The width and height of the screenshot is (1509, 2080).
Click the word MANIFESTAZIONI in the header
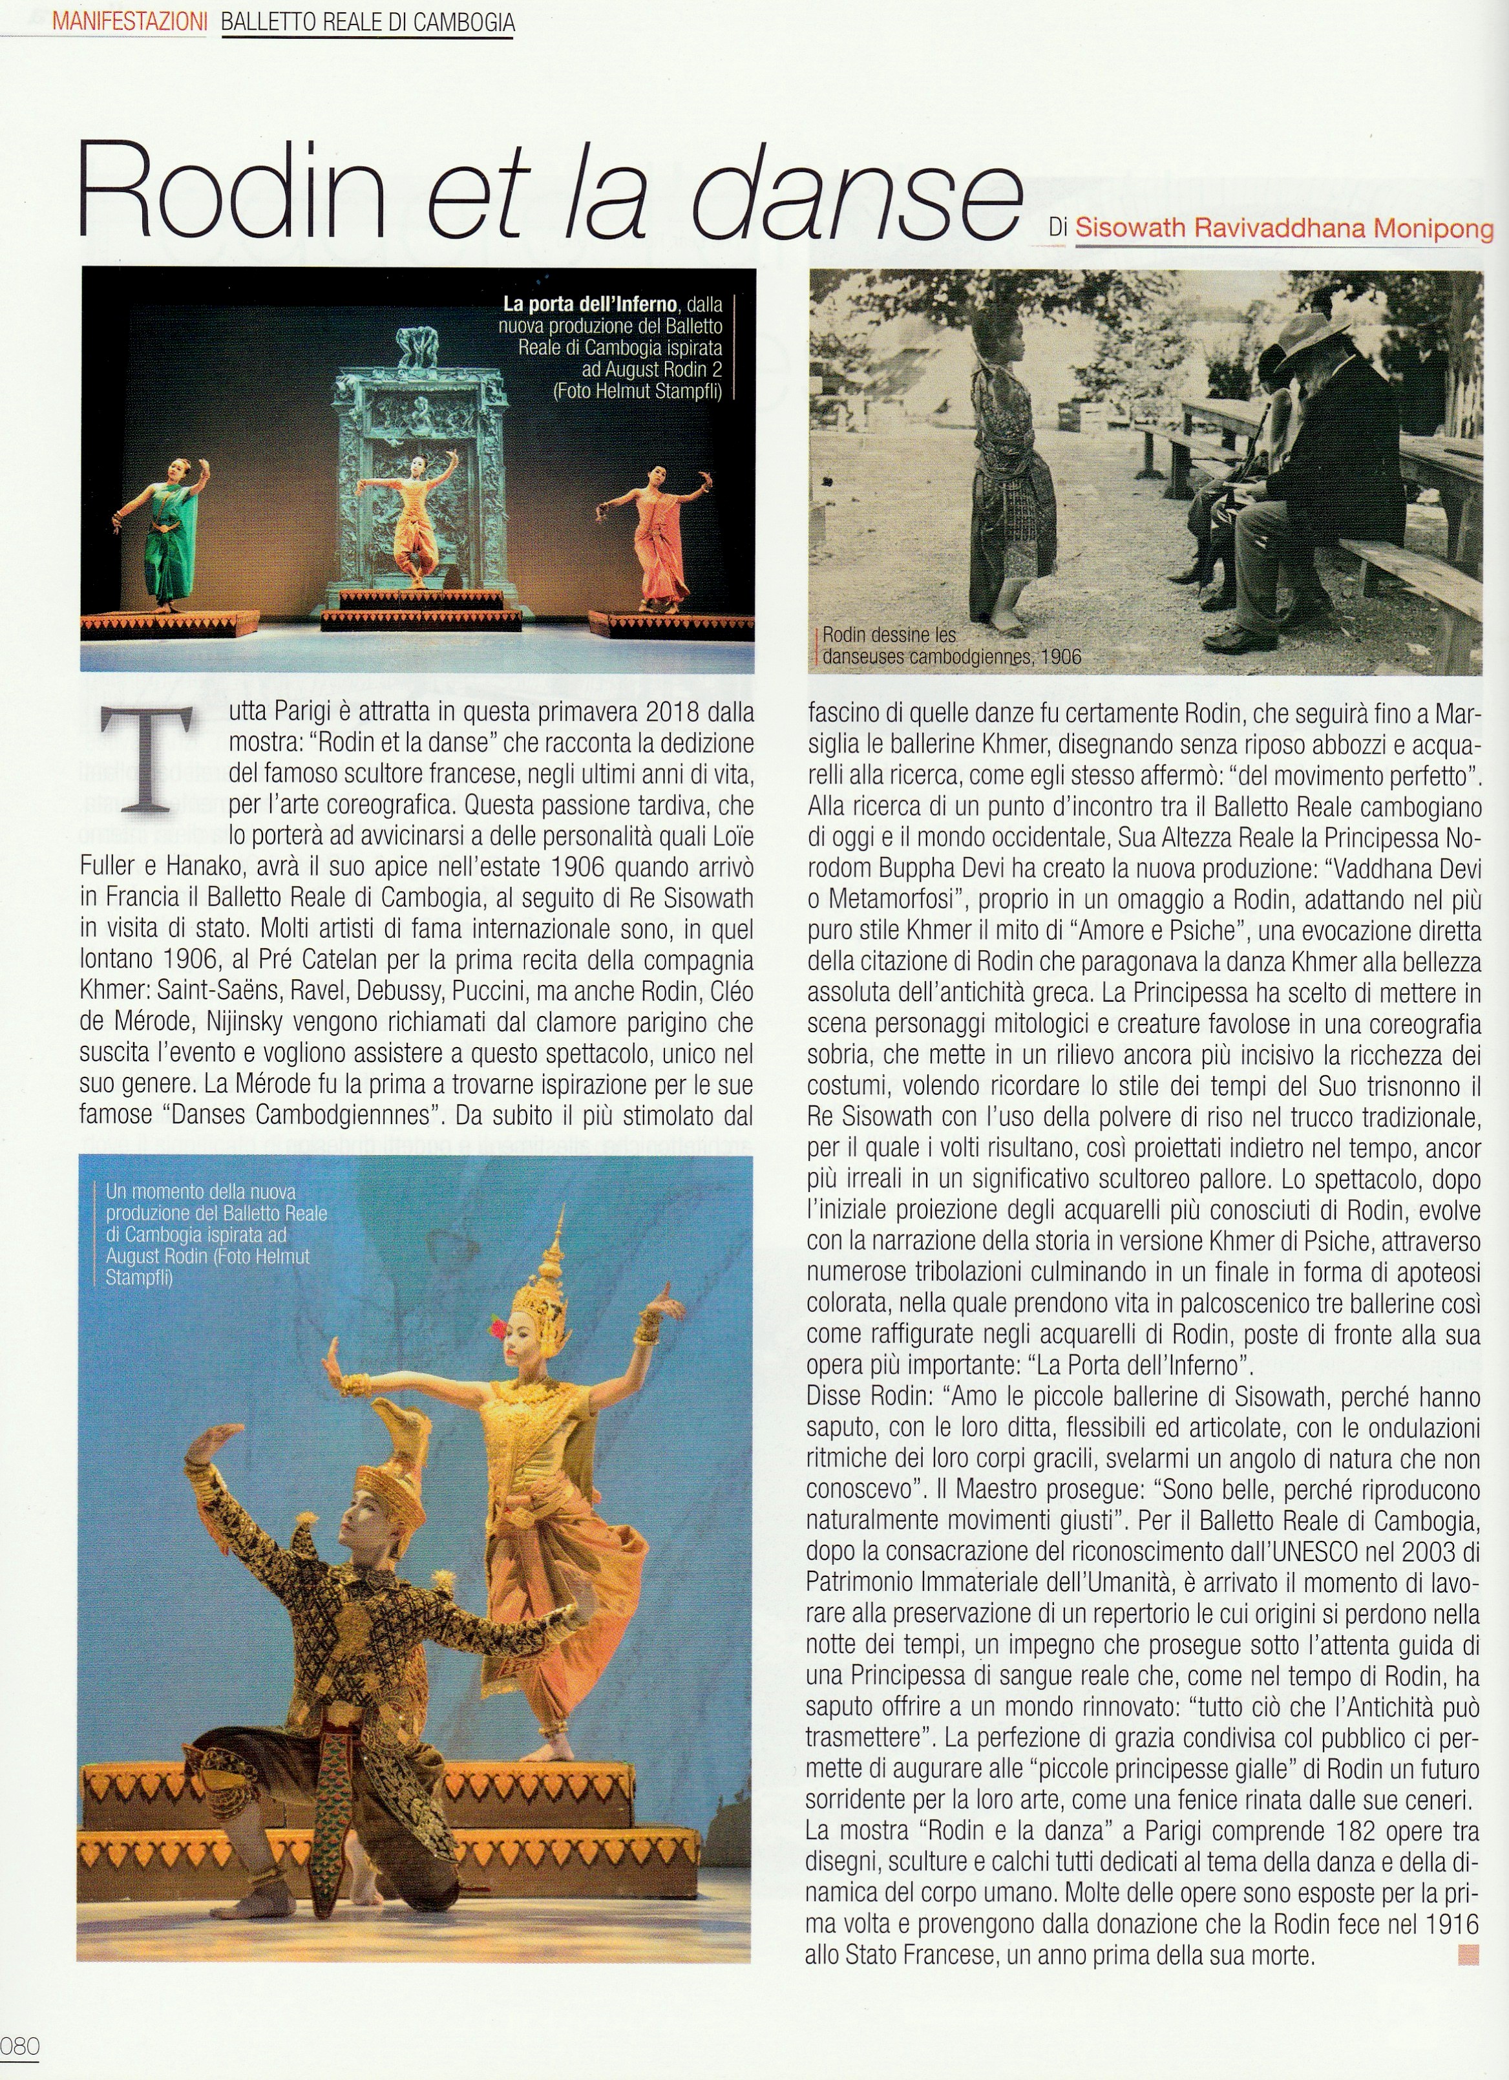tap(129, 21)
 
